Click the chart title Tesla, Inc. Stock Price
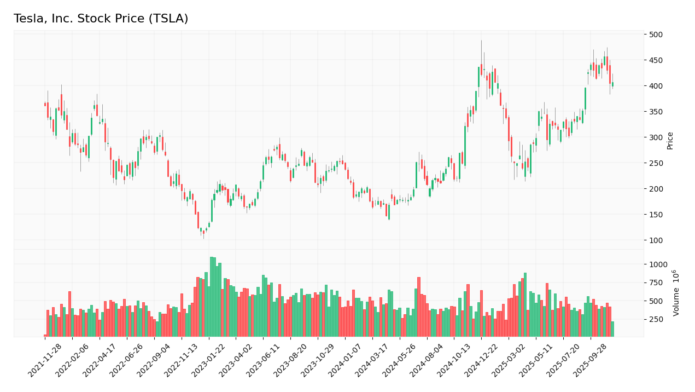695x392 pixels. [101, 19]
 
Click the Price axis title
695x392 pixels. [670, 141]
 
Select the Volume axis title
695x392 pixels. [676, 292]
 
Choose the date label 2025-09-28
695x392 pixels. [590, 361]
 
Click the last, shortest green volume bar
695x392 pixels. [612, 329]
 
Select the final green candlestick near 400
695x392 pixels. [612, 84]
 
